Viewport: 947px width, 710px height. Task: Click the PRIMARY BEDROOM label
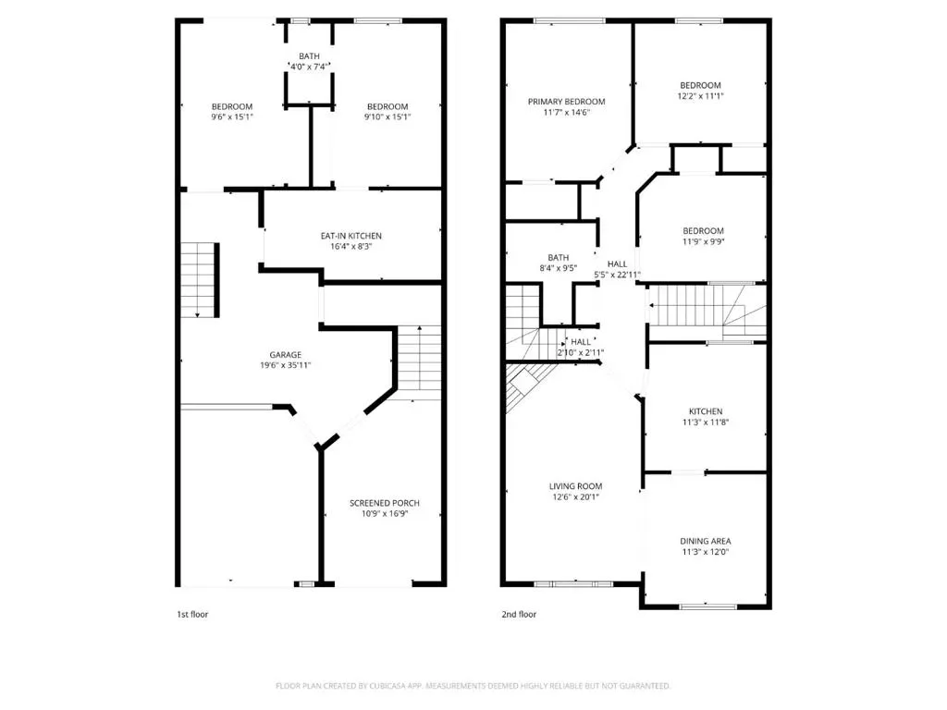click(567, 102)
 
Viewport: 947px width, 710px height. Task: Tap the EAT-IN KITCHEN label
click(351, 236)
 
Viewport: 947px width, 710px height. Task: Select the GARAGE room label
click(285, 355)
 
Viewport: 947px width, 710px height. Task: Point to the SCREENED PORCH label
click(384, 504)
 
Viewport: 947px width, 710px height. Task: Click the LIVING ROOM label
click(575, 486)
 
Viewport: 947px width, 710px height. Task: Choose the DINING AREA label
click(706, 542)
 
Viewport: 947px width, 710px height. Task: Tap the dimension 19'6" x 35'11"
click(285, 365)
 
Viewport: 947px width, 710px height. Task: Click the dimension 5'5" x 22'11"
click(617, 275)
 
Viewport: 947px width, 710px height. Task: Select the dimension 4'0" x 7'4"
click(309, 67)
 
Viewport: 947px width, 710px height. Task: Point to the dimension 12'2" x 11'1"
click(701, 96)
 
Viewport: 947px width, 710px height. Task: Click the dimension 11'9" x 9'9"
click(704, 241)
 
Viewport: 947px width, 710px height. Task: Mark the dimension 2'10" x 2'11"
click(581, 353)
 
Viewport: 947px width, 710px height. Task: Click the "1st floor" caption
click(192, 615)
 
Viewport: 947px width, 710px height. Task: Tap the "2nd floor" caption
click(519, 615)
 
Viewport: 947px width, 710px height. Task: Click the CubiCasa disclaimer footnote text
click(473, 687)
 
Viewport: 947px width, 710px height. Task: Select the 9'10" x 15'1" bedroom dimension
click(387, 117)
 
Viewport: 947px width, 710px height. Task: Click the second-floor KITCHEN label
click(706, 411)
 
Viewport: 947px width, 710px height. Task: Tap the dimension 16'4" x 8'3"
click(351, 246)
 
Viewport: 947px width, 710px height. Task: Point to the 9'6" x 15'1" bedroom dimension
click(232, 117)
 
